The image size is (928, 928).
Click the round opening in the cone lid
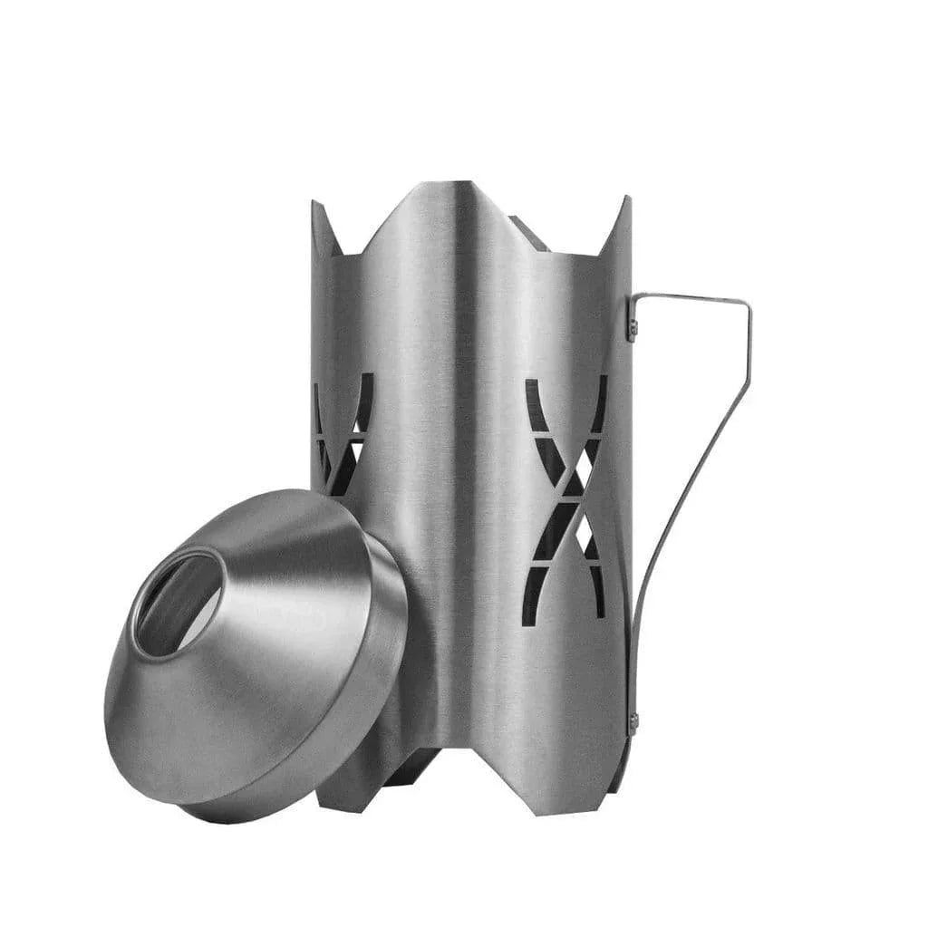click(179, 603)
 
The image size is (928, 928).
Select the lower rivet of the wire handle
click(633, 722)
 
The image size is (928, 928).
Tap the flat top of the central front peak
click(447, 186)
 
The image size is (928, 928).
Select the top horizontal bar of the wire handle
click(689, 296)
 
